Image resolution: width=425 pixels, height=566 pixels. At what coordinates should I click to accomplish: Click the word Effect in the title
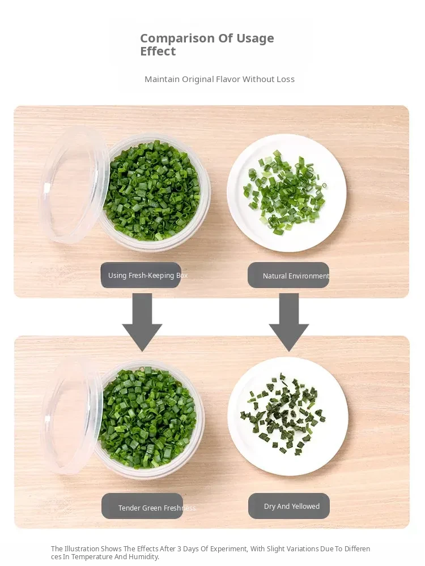[x=158, y=52]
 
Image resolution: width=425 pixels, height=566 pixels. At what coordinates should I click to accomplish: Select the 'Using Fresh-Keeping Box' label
[x=141, y=275]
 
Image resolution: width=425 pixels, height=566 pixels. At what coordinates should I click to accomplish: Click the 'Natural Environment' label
[x=288, y=276]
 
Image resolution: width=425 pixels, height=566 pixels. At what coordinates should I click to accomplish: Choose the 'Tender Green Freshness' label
[x=142, y=506]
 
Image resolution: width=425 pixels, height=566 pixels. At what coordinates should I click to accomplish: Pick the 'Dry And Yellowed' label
[x=289, y=506]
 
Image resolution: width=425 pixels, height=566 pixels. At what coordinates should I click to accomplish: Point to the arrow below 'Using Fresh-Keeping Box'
[x=142, y=322]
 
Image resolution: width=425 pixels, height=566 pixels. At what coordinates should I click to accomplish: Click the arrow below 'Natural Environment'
[x=289, y=322]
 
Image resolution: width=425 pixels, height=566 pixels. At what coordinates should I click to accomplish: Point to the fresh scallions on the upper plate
[x=284, y=191]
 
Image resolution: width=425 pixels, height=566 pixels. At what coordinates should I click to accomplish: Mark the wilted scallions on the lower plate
[x=283, y=413]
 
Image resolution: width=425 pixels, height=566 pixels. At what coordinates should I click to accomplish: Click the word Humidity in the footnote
[x=143, y=556]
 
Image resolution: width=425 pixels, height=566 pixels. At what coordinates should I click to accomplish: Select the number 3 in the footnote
[x=179, y=548]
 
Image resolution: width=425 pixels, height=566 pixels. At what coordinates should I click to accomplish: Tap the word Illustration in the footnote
[x=82, y=548]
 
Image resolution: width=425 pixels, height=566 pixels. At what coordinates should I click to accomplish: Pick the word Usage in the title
[x=255, y=38]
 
